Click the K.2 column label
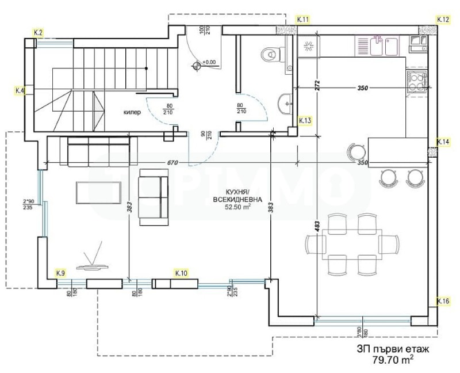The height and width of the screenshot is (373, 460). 39,33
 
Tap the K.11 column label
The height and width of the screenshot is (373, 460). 303,20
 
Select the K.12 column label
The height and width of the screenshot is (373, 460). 443,20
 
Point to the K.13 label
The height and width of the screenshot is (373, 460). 305,120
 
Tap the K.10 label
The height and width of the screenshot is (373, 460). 181,272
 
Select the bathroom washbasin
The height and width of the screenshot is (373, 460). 284,104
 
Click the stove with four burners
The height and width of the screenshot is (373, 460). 417,81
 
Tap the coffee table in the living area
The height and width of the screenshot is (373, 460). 98,192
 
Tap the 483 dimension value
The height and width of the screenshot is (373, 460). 317,227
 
